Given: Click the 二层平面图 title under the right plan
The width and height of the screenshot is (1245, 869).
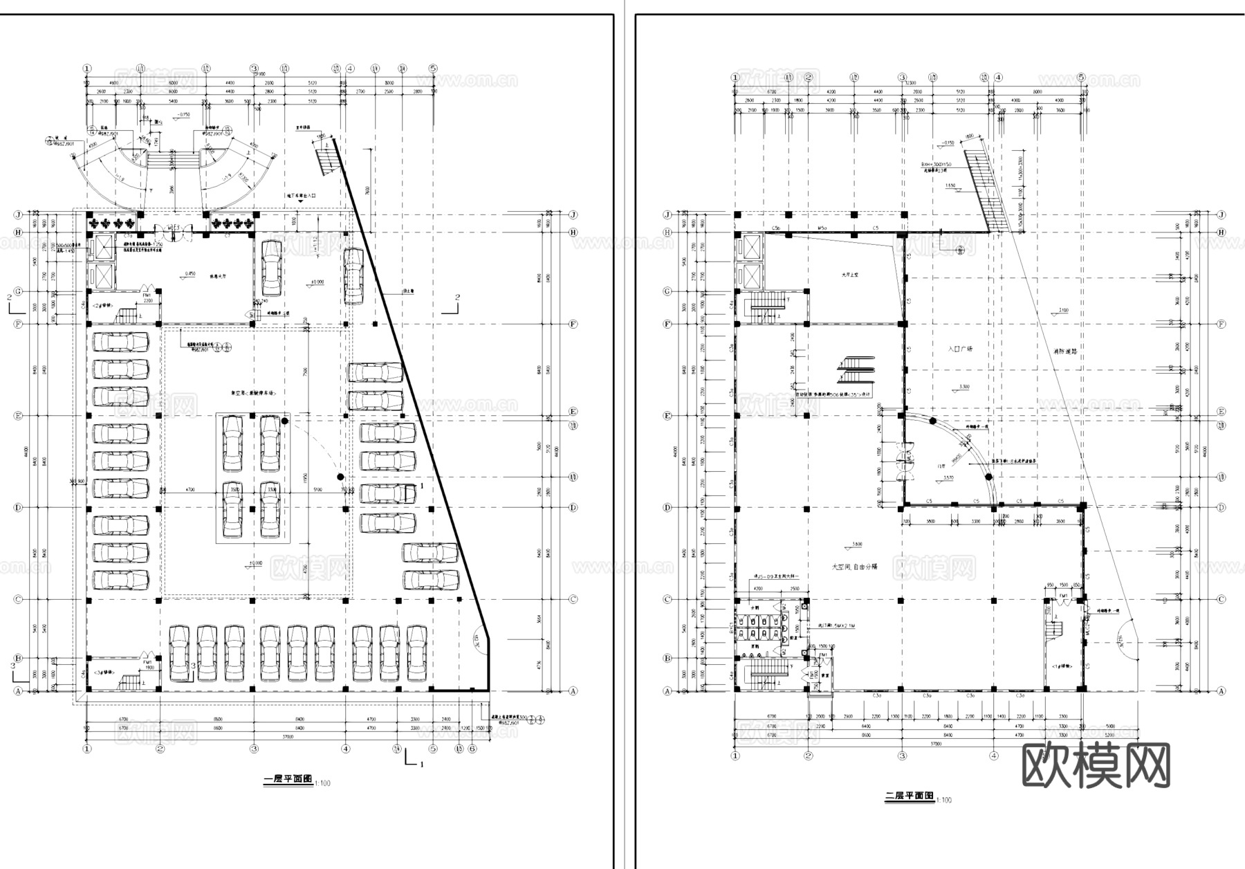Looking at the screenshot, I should (x=910, y=796).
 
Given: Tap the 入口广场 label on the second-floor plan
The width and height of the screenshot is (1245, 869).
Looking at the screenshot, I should (x=960, y=349).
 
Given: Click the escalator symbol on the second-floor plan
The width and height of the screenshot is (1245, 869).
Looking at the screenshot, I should (x=856, y=370).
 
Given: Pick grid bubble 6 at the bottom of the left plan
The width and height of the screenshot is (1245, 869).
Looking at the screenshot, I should (x=472, y=749).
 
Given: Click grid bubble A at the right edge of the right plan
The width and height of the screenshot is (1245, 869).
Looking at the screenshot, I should (x=1221, y=690).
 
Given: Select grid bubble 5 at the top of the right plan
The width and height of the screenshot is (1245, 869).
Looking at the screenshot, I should (x=1080, y=77).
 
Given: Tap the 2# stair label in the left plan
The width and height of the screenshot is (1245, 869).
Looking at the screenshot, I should (x=102, y=304).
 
